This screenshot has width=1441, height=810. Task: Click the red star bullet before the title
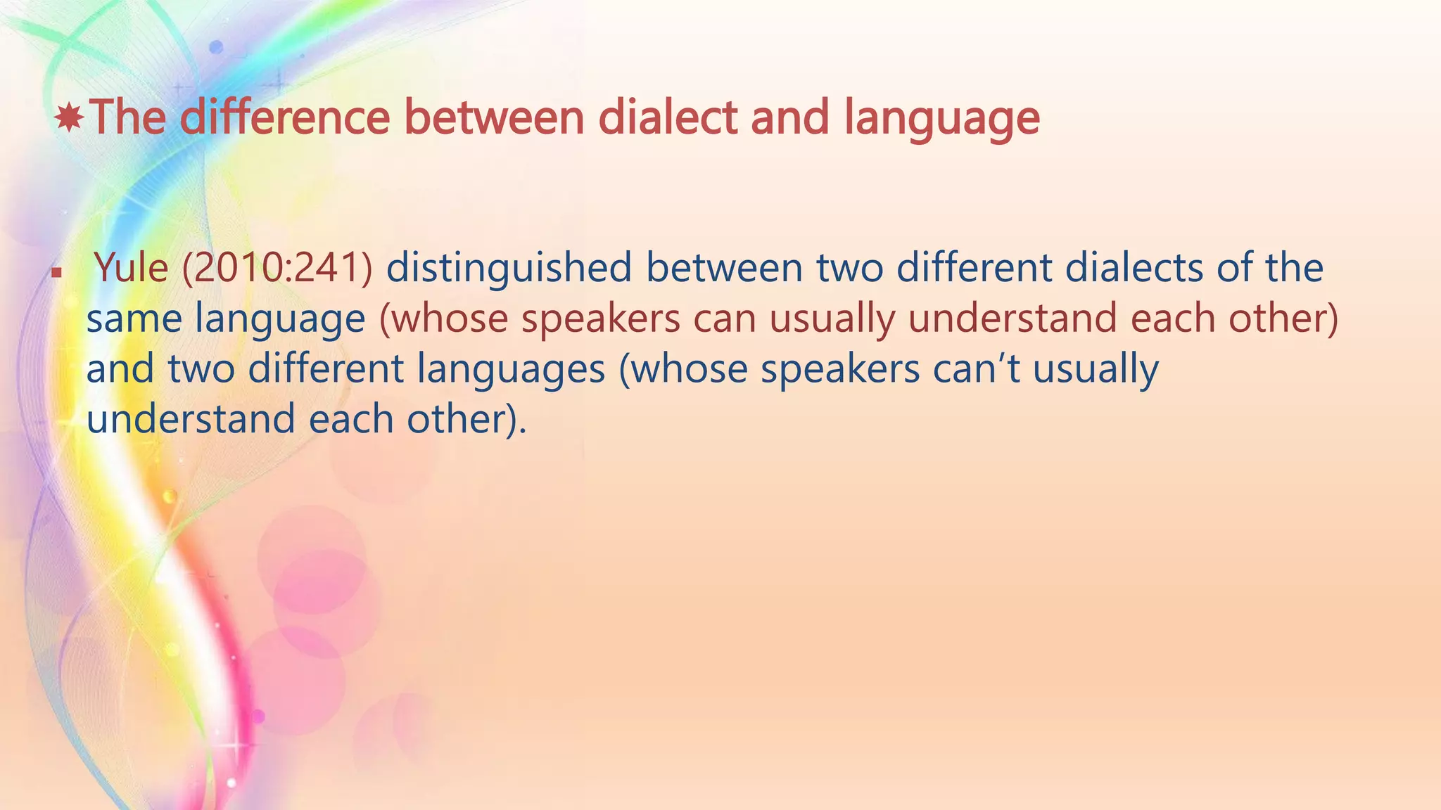point(69,117)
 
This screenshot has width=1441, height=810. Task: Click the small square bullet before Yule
point(56,271)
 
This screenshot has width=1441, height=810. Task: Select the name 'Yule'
point(132,268)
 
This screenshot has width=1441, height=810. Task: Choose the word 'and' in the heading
point(790,117)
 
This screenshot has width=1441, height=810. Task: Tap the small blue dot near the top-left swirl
point(217,47)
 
